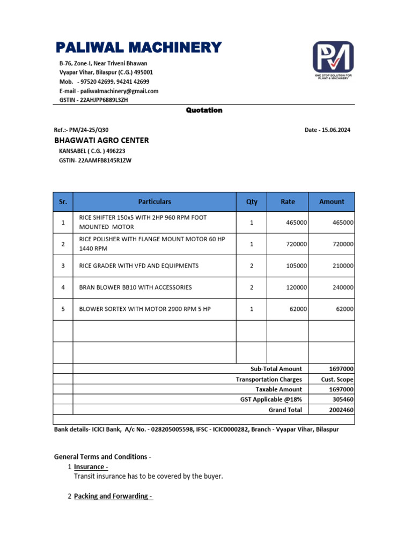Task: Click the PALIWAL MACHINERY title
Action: pyautogui.click(x=138, y=48)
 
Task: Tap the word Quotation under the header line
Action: pyautogui.click(x=204, y=110)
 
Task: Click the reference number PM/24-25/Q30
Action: pyautogui.click(x=89, y=130)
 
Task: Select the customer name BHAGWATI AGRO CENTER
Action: pyautogui.click(x=101, y=140)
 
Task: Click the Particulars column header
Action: pyautogui.click(x=154, y=202)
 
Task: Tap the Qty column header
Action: pyautogui.click(x=252, y=202)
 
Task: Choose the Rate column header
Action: pyautogui.click(x=288, y=202)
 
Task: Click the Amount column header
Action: pyautogui.click(x=332, y=202)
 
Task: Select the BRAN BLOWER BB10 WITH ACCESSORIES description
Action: pyautogui.click(x=135, y=287)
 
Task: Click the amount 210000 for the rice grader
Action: pyautogui.click(x=342, y=266)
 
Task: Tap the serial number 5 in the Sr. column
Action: pyautogui.click(x=63, y=309)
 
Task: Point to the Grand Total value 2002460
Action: pyautogui.click(x=341, y=410)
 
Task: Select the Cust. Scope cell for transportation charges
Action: pyautogui.click(x=337, y=379)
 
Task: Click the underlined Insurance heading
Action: pyautogui.click(x=91, y=467)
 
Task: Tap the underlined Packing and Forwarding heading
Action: pyautogui.click(x=113, y=496)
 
